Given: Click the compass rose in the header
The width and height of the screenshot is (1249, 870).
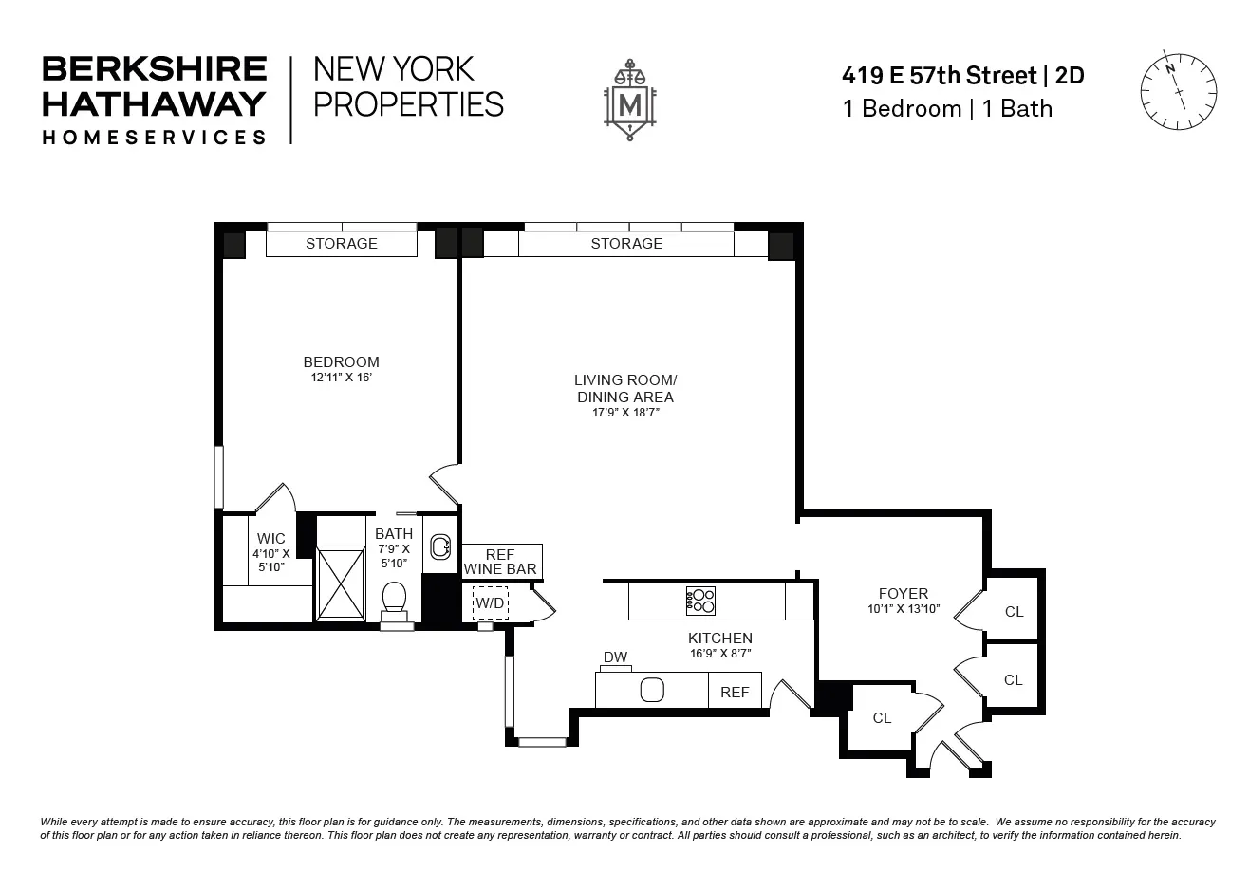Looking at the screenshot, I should point(1178,92).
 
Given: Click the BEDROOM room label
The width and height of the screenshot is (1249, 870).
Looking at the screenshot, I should point(341,361).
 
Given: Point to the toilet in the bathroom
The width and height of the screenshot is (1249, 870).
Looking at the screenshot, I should point(393,599).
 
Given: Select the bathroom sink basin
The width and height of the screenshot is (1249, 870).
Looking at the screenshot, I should point(440,546).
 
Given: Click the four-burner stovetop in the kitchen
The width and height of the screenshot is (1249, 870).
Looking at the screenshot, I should point(700,601).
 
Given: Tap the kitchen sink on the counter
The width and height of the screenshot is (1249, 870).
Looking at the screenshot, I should point(652,690).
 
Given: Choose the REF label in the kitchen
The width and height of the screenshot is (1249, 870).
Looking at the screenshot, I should point(735,693).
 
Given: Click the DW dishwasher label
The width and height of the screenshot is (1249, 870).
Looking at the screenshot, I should point(615,657).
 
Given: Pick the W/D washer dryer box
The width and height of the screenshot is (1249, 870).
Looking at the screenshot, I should point(491,602).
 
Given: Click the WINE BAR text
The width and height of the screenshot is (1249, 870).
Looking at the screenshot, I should point(500,569).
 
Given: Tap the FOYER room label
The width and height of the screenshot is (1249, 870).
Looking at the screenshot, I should point(903,594).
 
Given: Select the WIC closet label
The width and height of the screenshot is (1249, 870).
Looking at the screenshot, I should point(270,539).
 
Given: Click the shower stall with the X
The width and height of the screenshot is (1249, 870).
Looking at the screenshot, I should point(340,583).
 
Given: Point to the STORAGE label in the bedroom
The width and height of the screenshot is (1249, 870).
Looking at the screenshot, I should point(341,244).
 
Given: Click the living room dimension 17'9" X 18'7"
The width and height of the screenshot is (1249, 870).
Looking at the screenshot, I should point(624,413).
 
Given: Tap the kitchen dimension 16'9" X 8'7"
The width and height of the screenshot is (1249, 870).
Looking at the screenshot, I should point(720,654).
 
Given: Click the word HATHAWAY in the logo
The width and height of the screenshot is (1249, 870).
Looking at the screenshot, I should point(155,102).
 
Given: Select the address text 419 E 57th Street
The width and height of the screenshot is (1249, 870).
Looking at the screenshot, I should point(940,75).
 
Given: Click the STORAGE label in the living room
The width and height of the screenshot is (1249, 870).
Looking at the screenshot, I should point(626,244).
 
